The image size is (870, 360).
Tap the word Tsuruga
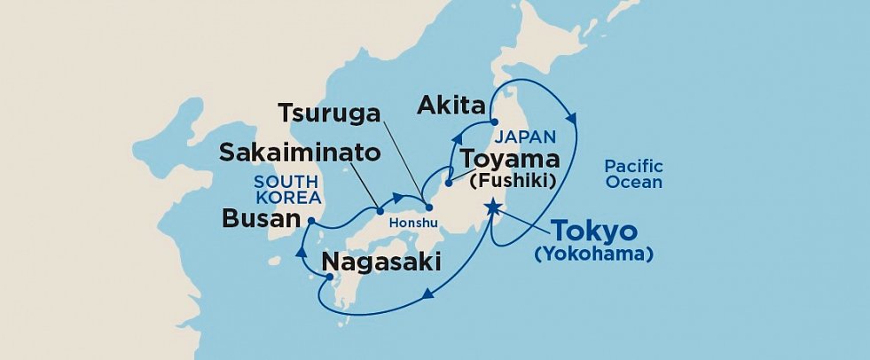330,114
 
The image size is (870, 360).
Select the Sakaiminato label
301,153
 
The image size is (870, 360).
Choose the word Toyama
510,160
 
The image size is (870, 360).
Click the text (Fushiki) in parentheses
513,181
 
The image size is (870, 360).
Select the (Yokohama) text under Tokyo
593,254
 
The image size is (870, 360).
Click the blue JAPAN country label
526,137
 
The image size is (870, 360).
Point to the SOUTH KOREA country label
286,188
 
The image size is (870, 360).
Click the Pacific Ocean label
633,174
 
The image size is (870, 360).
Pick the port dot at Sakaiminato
380,210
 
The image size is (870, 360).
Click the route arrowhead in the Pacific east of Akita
574,119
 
